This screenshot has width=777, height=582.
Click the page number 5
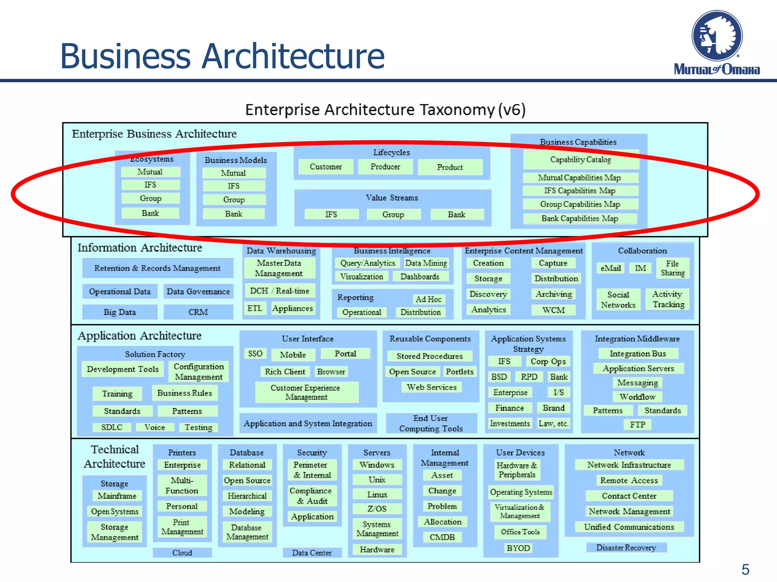tap(745, 569)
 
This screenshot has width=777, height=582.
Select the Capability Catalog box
tap(580, 160)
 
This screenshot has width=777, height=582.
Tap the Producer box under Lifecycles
tap(385, 167)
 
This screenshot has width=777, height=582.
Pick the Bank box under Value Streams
tap(456, 214)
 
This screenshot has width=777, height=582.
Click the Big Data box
tap(120, 312)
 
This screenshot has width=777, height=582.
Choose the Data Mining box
tap(426, 263)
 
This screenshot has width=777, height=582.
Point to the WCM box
tap(553, 310)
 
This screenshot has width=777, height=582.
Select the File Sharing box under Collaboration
tap(672, 268)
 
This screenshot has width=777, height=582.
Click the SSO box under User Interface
tap(255, 354)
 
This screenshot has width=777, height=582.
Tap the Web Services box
tap(431, 387)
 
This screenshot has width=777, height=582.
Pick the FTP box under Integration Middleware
tap(637, 425)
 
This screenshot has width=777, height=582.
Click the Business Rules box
tap(185, 393)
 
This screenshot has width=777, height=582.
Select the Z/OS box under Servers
tap(377, 508)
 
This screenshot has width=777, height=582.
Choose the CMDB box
tap(442, 537)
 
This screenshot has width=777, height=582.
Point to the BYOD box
tap(518, 548)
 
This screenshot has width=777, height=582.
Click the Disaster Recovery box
tap(626, 548)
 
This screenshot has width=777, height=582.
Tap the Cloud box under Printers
tap(182, 553)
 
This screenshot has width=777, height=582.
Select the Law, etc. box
tap(554, 424)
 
